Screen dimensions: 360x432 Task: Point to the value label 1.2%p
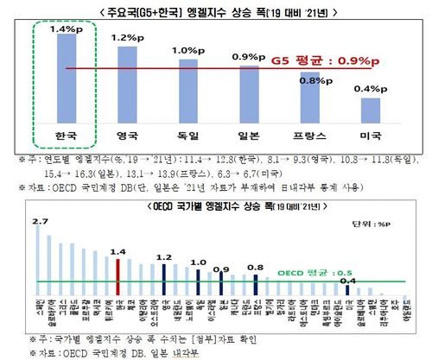tap(126, 38)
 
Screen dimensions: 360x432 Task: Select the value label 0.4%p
tap(370, 89)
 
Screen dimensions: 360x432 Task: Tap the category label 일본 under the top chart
tap(248, 136)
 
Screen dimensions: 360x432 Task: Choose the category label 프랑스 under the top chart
tap(308, 136)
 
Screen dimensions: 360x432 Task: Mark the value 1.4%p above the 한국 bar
tap(67, 28)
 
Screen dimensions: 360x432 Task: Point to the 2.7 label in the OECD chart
tap(39, 223)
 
